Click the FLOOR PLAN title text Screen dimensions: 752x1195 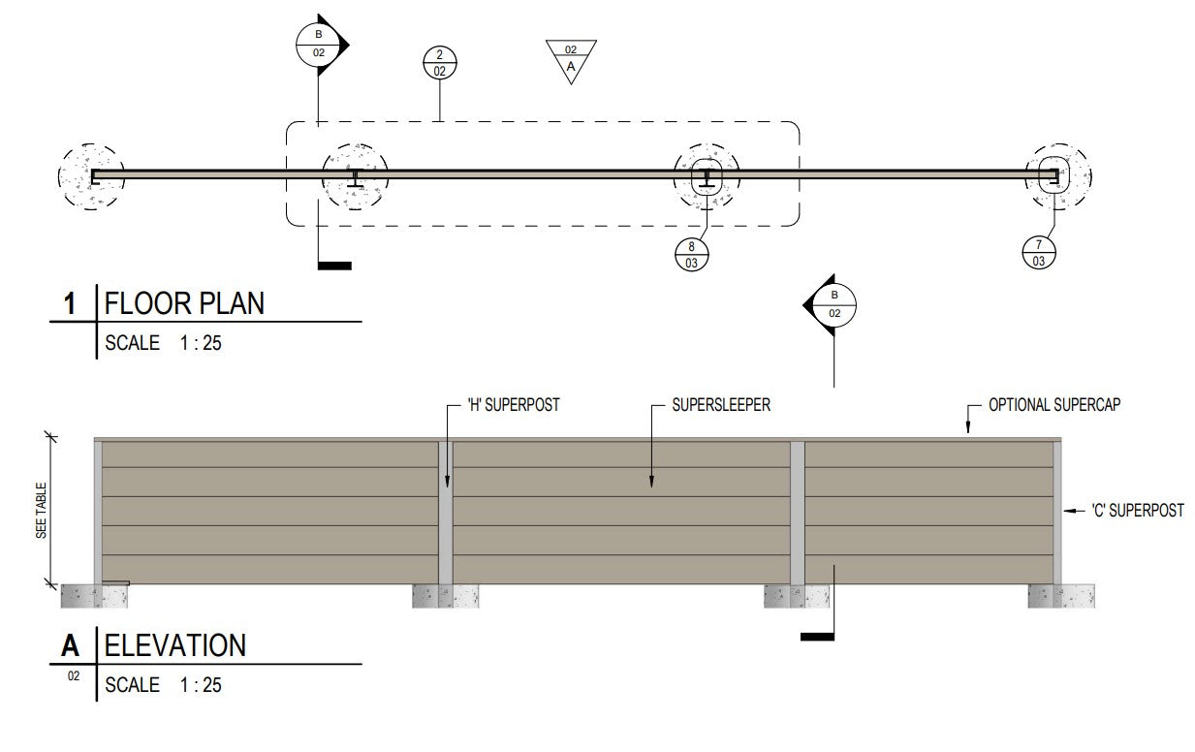point(184,303)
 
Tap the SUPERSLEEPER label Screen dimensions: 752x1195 point(722,405)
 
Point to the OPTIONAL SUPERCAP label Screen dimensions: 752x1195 point(1054,405)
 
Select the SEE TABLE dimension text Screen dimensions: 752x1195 point(42,510)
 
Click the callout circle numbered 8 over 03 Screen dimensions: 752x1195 point(692,254)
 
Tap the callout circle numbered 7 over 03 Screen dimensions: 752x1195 point(1038,254)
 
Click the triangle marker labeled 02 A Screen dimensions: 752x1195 point(571,58)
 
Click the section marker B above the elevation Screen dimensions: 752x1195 point(833,306)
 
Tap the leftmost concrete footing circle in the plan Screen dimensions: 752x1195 point(90,176)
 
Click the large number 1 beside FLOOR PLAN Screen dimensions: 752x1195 point(70,303)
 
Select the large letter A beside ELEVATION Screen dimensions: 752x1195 point(70,644)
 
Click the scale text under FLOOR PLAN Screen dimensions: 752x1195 point(163,342)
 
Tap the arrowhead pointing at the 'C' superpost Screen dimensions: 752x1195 point(1068,510)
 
